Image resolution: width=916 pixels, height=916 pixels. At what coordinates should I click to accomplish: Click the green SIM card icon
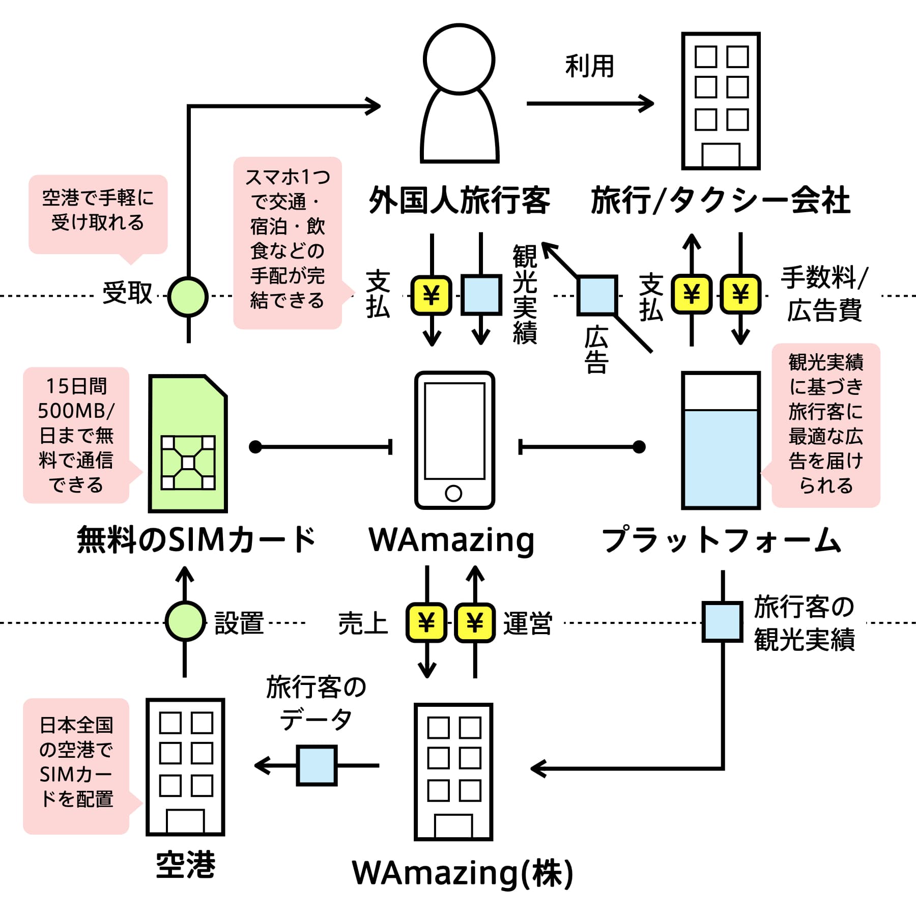pyautogui.click(x=188, y=443)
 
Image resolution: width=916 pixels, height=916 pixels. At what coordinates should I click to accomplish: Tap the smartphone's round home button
pyautogui.click(x=453, y=493)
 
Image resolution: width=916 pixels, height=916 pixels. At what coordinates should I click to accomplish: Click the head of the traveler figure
pyautogui.click(x=459, y=59)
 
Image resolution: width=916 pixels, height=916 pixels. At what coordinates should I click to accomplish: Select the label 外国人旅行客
pyautogui.click(x=459, y=200)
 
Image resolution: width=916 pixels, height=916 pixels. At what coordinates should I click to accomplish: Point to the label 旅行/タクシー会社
pyautogui.click(x=721, y=200)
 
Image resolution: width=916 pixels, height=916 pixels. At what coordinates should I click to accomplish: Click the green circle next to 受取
pyautogui.click(x=188, y=297)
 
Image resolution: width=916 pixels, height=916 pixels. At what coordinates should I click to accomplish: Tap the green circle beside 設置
pyautogui.click(x=185, y=621)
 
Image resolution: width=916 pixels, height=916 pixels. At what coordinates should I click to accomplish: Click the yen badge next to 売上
pyautogui.click(x=426, y=622)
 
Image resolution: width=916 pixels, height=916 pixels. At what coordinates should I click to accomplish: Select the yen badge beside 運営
pyautogui.click(x=475, y=622)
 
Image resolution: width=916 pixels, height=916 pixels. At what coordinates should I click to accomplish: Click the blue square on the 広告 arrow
pyautogui.click(x=597, y=295)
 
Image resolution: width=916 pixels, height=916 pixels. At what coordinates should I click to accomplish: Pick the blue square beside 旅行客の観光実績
pyautogui.click(x=722, y=622)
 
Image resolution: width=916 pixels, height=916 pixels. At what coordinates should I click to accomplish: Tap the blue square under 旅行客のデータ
pyautogui.click(x=317, y=765)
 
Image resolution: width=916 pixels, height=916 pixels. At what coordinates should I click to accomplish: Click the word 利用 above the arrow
pyautogui.click(x=590, y=66)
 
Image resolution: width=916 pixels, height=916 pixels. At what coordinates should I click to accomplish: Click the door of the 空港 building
pyautogui.click(x=185, y=821)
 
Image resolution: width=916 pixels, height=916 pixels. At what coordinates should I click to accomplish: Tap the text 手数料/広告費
pyautogui.click(x=824, y=294)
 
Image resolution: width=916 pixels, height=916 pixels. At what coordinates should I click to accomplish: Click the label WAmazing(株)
pyautogui.click(x=462, y=873)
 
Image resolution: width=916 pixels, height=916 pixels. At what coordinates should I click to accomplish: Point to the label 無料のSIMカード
pyautogui.click(x=196, y=539)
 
